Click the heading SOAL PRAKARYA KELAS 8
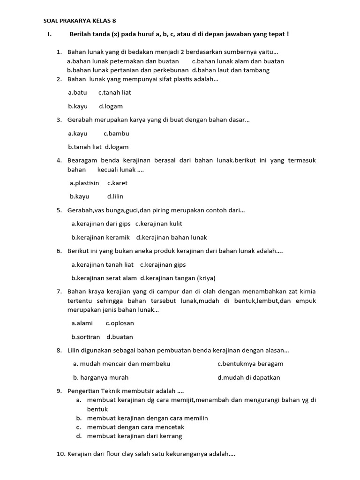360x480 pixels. tap(79, 21)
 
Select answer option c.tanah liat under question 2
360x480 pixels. tap(114, 93)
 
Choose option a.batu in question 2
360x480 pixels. tap(77, 93)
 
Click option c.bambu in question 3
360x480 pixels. tap(116, 134)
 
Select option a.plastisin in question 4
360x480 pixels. tap(84, 183)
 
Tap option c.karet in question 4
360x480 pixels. tap(117, 183)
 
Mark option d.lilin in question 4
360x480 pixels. tap(115, 196)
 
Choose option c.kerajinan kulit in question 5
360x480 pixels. tap(159, 224)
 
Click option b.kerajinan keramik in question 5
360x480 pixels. tap(100, 237)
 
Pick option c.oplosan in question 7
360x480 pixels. tap(120, 323)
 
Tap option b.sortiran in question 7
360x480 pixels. tap(86, 337)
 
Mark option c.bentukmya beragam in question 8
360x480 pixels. tap(250, 364)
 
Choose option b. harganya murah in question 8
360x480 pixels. tap(101, 377)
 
